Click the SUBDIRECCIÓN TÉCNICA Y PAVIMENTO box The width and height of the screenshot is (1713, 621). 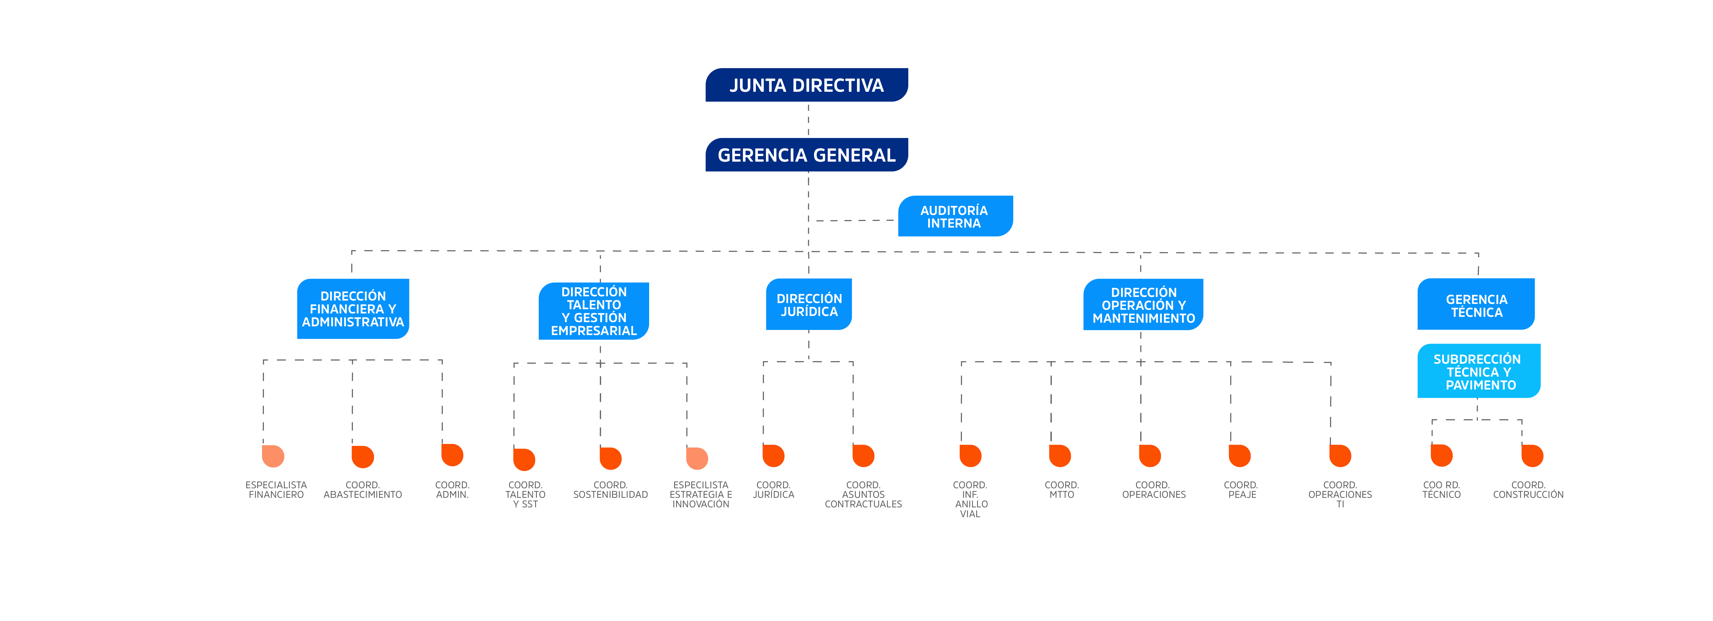(1478, 371)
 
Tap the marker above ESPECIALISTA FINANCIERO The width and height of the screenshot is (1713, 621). (273, 456)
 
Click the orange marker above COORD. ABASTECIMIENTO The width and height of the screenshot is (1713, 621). (363, 457)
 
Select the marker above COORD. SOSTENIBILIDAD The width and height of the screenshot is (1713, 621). (610, 458)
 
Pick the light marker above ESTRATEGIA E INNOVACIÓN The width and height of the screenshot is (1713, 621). (697, 458)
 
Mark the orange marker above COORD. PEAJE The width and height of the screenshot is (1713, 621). (1240, 456)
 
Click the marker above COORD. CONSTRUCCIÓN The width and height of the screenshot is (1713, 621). (1532, 456)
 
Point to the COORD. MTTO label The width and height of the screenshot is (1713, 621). (1061, 490)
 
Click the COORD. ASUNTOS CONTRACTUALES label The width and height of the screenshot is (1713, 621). (863, 495)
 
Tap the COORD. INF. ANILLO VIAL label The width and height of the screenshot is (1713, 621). (970, 499)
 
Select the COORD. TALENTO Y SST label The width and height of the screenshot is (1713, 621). (525, 495)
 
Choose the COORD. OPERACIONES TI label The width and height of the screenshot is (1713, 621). (1340, 495)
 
